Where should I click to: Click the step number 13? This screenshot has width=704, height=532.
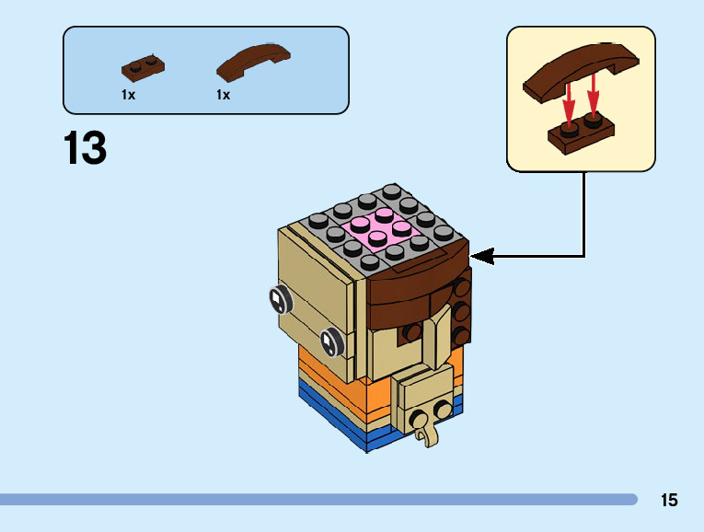pyautogui.click(x=86, y=147)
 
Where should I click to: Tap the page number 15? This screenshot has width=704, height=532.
pyautogui.click(x=669, y=500)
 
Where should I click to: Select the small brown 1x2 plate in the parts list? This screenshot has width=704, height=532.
pyautogui.click(x=143, y=68)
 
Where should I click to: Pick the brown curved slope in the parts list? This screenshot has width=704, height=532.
pyautogui.click(x=253, y=62)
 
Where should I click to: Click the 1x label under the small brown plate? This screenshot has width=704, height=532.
pyautogui.click(x=129, y=95)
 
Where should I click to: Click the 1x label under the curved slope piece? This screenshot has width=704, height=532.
pyautogui.click(x=223, y=95)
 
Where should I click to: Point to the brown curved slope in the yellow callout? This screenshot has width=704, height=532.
pyautogui.click(x=581, y=72)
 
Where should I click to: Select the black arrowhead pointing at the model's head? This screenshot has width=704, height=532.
pyautogui.click(x=482, y=257)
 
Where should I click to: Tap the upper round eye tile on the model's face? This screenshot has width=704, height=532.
pyautogui.click(x=280, y=299)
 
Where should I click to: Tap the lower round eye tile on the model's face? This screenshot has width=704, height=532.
pyautogui.click(x=332, y=342)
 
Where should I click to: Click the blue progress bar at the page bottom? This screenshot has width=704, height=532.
pyautogui.click(x=317, y=499)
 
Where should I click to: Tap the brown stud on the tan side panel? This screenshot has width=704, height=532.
pyautogui.click(x=410, y=332)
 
